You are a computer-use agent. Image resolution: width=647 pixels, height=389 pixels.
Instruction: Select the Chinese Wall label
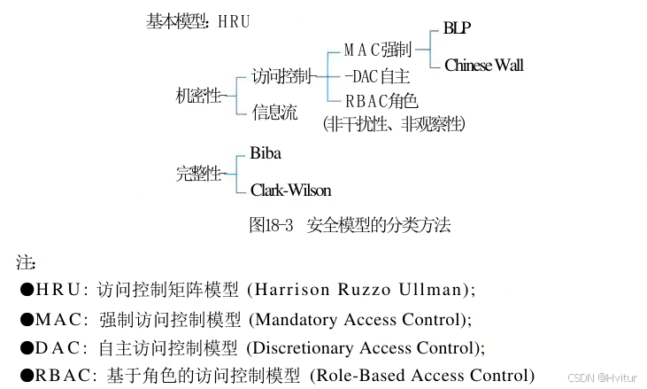[x=483, y=65]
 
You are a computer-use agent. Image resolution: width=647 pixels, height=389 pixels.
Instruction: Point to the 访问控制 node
[x=281, y=77]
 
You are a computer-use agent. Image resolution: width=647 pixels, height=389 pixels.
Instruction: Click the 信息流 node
[x=274, y=113]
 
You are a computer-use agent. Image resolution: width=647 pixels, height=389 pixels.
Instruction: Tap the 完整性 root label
[x=199, y=174]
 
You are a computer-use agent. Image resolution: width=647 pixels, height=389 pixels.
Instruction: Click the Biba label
[x=266, y=154]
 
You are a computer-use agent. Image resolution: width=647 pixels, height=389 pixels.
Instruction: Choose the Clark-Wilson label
[x=290, y=191]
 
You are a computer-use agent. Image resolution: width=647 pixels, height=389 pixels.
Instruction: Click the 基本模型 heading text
[x=175, y=22]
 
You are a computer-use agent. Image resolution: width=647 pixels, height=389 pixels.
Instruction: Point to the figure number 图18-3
[x=271, y=225]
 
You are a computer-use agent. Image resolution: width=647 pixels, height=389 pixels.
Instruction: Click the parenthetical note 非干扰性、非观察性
[x=394, y=123]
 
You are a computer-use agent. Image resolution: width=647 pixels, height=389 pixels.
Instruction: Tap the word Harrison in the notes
[x=289, y=290]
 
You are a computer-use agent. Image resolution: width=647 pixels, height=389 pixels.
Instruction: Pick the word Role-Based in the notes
[x=351, y=375]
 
